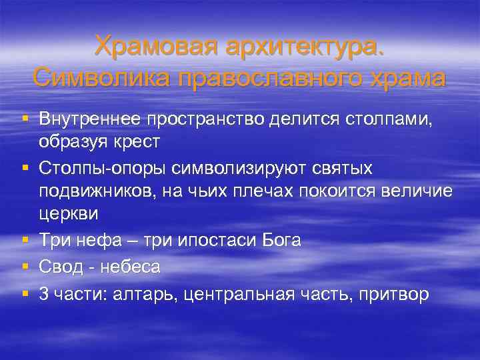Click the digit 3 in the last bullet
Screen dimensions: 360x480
44,295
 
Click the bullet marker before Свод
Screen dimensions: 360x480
24,267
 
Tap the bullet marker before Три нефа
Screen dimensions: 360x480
24,240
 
